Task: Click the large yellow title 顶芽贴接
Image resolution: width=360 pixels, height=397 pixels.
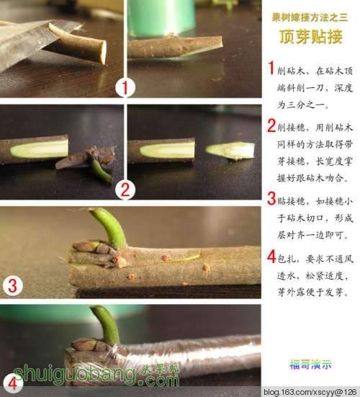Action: tap(310, 37)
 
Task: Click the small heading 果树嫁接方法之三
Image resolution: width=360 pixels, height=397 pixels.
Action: tap(310, 17)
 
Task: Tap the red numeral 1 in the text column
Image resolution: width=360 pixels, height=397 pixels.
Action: tap(271, 68)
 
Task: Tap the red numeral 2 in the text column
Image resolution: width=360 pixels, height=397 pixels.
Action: tap(271, 125)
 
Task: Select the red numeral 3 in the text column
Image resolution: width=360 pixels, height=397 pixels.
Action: tap(271, 199)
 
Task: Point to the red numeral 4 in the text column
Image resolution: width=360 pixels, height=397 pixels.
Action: tap(271, 257)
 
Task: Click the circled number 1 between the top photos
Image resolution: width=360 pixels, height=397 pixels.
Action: tap(125, 88)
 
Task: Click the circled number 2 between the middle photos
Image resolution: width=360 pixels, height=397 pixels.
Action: tap(125, 190)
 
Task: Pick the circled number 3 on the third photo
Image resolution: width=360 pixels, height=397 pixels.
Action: tap(12, 285)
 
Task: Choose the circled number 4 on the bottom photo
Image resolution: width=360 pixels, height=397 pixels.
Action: tap(12, 384)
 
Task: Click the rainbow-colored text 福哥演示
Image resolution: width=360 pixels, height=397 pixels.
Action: tap(310, 365)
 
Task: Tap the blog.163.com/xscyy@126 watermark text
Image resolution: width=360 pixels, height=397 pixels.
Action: tap(311, 392)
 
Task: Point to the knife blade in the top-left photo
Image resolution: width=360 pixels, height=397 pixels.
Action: tap(30, 40)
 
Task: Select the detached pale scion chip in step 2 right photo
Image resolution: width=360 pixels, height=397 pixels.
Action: tap(230, 151)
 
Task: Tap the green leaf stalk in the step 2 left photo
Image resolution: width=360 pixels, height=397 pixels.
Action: tap(101, 171)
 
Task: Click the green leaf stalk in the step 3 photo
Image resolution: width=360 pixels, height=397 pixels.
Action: tap(109, 227)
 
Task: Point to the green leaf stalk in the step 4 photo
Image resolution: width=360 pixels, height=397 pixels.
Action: tap(107, 324)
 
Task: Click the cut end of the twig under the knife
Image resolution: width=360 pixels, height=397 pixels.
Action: tap(103, 52)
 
